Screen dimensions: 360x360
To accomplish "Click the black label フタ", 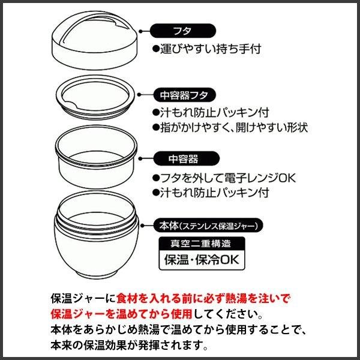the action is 183,31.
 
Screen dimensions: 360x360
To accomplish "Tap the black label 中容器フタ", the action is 184,95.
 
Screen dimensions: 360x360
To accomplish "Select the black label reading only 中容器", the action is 186,158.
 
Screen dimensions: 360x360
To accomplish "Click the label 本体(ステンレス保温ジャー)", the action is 208,226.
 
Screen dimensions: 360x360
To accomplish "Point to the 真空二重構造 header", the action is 202,244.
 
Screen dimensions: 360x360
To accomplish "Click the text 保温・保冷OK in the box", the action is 202,260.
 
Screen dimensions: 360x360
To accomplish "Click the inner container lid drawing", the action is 95,97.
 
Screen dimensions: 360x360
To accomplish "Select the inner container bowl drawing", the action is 96,157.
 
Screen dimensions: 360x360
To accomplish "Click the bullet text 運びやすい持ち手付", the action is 211,49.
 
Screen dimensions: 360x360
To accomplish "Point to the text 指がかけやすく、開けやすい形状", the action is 234,128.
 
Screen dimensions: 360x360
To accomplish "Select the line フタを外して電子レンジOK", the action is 228,178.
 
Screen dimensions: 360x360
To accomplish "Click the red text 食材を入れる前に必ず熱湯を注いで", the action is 203,298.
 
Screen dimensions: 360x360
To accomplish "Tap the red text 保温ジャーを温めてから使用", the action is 121,314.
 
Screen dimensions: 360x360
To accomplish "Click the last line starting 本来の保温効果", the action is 129,346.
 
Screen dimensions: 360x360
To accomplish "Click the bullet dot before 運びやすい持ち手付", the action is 156,49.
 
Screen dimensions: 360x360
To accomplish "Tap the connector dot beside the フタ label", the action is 141,31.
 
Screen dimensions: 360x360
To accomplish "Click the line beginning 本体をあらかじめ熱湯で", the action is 178,329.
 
